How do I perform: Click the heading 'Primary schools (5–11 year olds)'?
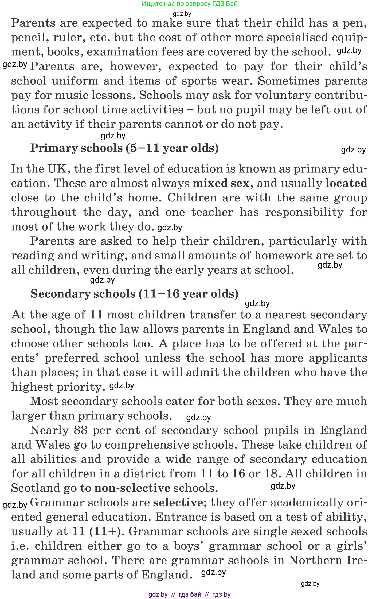click(124, 148)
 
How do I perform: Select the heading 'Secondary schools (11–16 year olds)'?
click(135, 294)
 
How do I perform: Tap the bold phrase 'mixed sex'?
click(221, 183)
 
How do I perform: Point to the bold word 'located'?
click(346, 183)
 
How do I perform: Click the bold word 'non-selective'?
click(132, 488)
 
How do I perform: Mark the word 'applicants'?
click(338, 358)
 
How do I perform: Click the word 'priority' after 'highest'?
click(79, 387)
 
